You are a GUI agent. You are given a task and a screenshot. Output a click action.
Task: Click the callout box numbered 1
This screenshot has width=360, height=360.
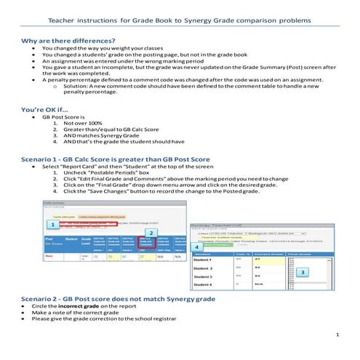52,225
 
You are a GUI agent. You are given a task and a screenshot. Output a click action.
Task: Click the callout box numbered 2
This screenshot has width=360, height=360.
150,233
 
